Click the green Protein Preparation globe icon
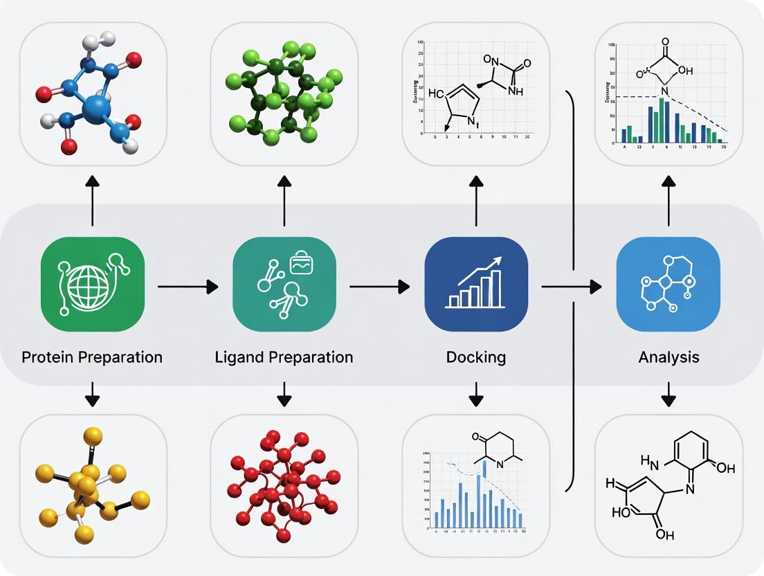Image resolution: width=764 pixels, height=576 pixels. point(93,285)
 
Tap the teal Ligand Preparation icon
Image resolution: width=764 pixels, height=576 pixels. point(284,285)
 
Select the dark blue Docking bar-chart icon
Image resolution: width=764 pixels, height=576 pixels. point(476,285)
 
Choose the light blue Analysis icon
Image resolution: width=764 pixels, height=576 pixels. point(668,285)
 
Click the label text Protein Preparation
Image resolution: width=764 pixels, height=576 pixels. point(92,357)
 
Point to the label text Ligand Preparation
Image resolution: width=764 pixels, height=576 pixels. point(284,357)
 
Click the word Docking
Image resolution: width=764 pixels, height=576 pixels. point(476,357)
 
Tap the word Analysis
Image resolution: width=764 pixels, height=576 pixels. point(668,357)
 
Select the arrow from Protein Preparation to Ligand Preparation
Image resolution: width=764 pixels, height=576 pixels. point(188,285)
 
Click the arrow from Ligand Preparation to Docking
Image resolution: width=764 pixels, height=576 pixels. point(379,285)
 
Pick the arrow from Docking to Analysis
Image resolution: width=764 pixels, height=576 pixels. point(571,285)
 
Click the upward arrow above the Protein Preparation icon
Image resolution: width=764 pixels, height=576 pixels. point(92,201)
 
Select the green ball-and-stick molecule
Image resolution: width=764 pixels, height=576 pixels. point(284,93)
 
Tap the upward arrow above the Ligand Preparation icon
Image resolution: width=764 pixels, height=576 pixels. point(284,201)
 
